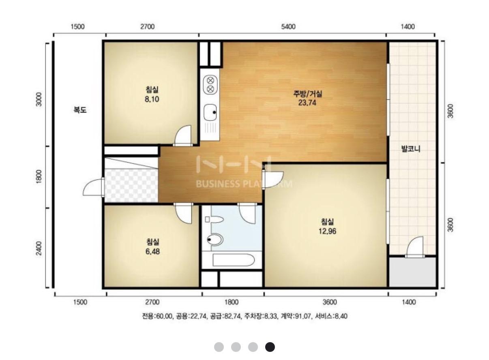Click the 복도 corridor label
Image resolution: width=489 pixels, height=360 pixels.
(80, 109)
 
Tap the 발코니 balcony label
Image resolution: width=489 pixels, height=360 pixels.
(411, 149)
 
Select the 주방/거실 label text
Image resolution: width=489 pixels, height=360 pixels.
(308, 94)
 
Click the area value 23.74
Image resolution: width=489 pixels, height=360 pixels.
(307, 103)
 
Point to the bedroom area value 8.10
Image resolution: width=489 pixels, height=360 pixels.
(152, 99)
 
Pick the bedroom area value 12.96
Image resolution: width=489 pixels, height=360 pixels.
(327, 231)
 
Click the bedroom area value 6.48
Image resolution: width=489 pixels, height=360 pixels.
(152, 251)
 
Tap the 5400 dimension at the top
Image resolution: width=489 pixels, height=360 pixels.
(288, 27)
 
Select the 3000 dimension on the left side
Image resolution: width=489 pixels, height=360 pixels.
(39, 99)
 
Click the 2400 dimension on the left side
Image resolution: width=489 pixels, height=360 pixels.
(39, 248)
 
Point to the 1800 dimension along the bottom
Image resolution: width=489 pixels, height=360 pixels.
(232, 302)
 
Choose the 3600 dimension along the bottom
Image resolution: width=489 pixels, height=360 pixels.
(330, 302)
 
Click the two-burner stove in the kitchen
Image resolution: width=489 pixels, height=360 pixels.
(210, 84)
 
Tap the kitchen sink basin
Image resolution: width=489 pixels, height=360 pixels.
(210, 112)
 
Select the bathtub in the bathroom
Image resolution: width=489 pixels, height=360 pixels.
(234, 260)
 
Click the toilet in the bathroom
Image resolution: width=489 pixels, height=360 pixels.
(215, 240)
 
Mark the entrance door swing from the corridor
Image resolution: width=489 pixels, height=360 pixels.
(93, 187)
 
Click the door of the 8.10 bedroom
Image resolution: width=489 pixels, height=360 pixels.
(183, 135)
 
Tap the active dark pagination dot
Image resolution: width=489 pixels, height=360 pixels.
(270, 347)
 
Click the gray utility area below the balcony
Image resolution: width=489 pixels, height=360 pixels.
(413, 272)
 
